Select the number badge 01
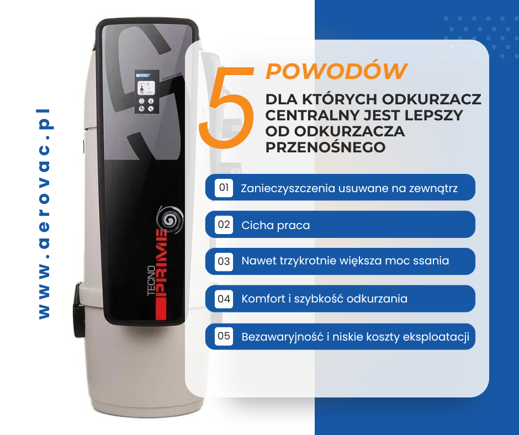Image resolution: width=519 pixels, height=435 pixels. tap(224, 188)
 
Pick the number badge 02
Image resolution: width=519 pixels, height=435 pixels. tap(224, 225)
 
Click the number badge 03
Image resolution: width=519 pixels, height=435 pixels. tap(224, 262)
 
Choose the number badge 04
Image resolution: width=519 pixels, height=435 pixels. tap(224, 299)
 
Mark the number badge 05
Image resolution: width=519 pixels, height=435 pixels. tap(224, 336)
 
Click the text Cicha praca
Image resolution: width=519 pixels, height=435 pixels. tap(276, 225)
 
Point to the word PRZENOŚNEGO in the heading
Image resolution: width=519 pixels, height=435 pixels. tap(326, 147)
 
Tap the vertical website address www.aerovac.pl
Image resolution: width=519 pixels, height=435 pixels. tap(44, 214)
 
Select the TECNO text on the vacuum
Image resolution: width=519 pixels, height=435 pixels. tap(151, 281)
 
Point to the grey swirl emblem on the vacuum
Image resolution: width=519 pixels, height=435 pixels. tap(170, 219)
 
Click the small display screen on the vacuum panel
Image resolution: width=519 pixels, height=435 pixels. tap(146, 88)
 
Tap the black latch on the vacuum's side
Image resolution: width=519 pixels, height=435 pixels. tap(79, 310)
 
